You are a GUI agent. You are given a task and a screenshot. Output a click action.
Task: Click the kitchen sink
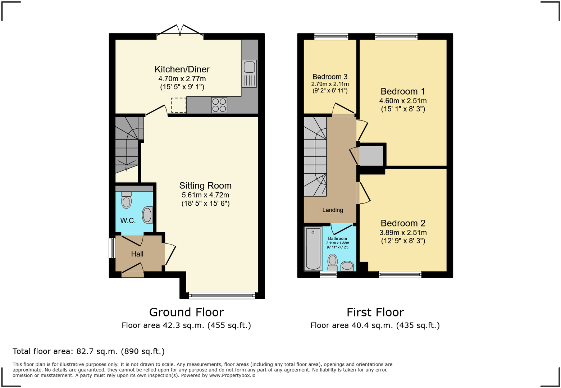249,73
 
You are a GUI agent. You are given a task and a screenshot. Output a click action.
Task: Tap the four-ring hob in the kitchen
219,105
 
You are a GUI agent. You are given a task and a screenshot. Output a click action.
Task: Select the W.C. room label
128,221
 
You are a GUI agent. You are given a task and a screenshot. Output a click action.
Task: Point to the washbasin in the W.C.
147,215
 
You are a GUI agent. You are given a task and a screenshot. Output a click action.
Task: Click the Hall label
137,254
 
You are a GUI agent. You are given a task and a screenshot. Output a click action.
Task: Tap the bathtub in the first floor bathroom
313,248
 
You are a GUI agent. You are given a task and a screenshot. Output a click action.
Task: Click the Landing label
333,210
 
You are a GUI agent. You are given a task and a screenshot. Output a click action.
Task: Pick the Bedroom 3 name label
330,77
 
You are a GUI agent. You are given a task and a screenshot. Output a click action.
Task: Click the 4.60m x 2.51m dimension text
403,101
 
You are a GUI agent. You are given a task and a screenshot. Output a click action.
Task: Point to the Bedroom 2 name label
403,223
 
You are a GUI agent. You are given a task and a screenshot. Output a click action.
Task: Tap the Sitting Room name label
205,186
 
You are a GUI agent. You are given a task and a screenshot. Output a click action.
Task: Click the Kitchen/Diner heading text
182,69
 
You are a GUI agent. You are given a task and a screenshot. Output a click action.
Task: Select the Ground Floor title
186,312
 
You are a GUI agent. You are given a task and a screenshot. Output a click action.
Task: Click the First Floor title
375,312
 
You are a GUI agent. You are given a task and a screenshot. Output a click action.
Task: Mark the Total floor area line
88,351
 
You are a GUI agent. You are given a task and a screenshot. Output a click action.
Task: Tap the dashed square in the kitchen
179,105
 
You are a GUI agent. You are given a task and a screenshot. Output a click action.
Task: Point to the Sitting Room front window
222,296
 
